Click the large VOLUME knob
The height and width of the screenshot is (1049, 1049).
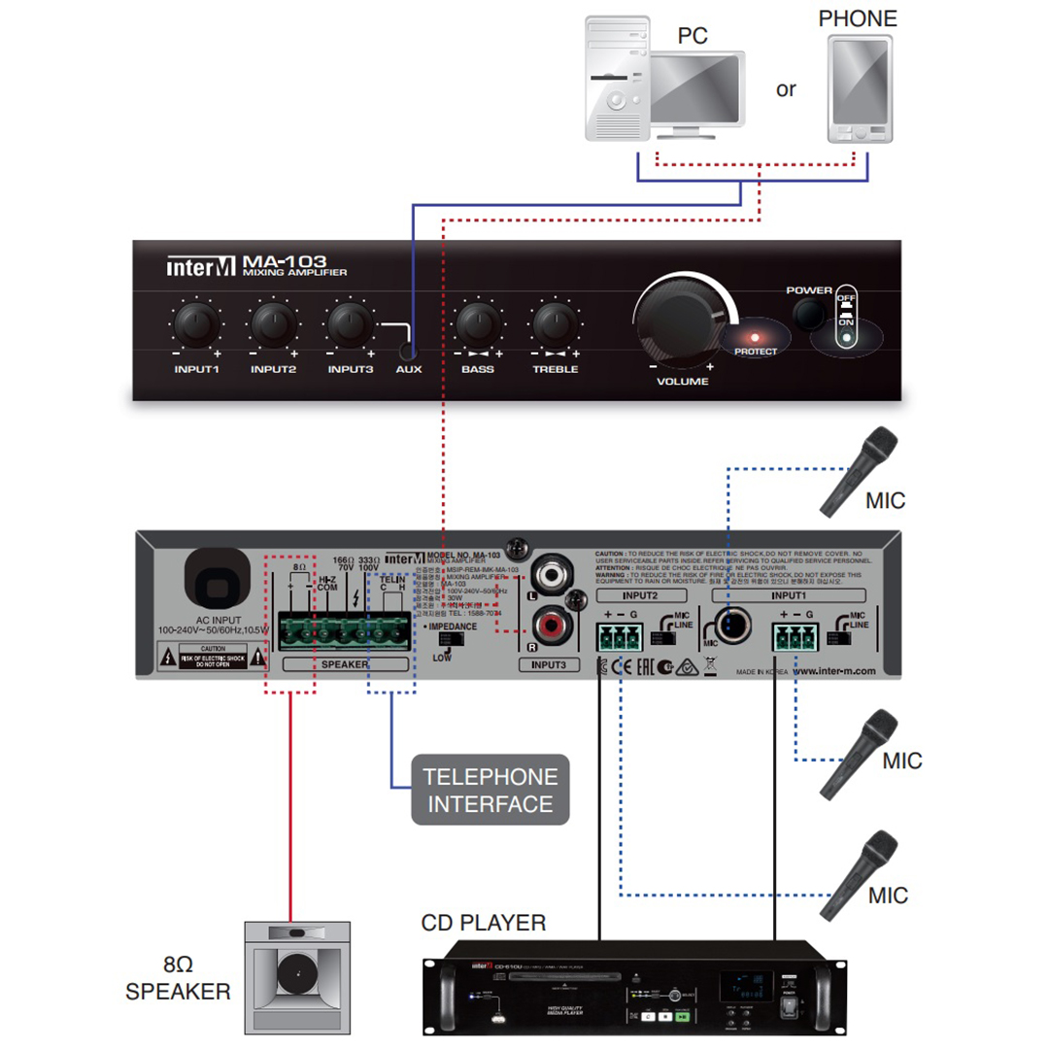tap(680, 316)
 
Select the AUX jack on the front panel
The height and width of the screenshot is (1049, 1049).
tap(410, 350)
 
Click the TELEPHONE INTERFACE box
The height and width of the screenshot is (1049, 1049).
tap(491, 790)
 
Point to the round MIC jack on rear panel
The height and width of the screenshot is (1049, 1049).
tap(731, 629)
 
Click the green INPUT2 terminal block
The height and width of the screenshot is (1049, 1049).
tap(618, 638)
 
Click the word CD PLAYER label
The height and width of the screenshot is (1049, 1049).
tap(484, 922)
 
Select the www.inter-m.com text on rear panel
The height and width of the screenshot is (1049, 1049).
tap(834, 670)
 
